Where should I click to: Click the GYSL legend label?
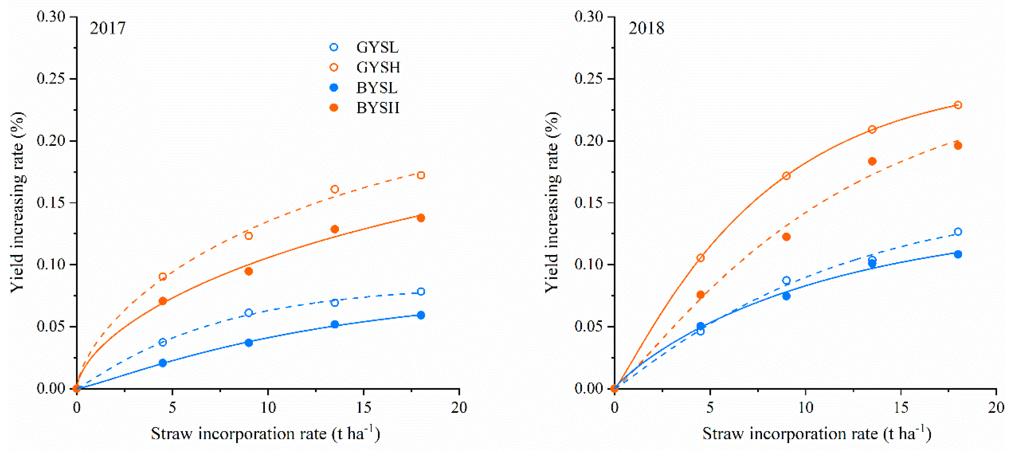click(377, 47)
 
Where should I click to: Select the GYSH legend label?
click(378, 67)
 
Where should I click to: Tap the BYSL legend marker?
click(334, 87)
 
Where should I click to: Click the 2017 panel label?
click(107, 28)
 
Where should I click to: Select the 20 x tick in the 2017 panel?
click(459, 407)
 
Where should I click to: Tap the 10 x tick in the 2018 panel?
click(805, 407)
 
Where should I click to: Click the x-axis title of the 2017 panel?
click(265, 434)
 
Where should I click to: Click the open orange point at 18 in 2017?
click(421, 175)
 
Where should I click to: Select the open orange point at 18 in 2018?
click(958, 105)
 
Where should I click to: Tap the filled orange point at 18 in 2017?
click(421, 218)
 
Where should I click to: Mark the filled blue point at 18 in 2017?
click(421, 315)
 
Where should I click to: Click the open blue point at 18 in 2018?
click(958, 232)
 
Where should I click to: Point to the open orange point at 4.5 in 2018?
click(700, 258)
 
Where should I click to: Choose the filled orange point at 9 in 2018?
click(786, 237)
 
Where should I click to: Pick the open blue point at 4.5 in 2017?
click(163, 342)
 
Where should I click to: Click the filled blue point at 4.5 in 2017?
click(163, 363)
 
